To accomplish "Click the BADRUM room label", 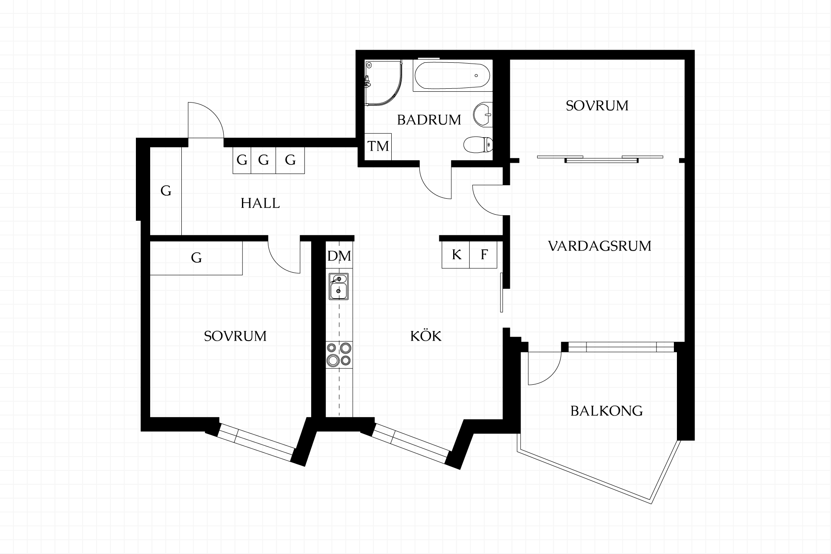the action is tap(429, 120).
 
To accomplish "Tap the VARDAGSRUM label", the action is tap(599, 246).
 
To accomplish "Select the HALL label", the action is tap(260, 203).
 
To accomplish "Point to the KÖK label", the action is tap(426, 335).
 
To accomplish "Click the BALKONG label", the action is tap(606, 411).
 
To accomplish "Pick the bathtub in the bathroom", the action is tap(453, 75).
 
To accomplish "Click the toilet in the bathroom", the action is tap(478, 144).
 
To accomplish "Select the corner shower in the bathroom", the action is tap(383, 83).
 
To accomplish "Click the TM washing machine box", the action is tap(378, 146).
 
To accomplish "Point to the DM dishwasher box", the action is tap(339, 256).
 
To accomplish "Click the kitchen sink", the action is tap(339, 287).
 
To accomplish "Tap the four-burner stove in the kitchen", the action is tap(339, 354).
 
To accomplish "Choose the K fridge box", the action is tap(456, 254).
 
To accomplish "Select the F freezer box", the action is tap(483, 254).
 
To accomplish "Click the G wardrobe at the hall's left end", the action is tap(166, 191).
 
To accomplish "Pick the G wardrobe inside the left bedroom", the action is tap(196, 258).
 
